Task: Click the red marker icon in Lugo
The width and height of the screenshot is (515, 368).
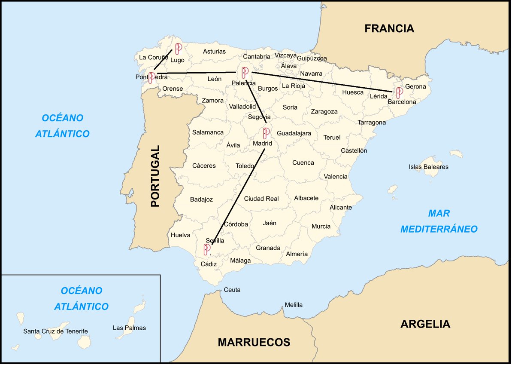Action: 179,49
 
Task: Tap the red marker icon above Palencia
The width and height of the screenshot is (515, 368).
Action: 245,73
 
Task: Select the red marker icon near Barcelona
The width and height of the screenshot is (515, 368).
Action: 399,92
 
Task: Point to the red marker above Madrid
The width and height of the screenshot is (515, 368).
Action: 267,133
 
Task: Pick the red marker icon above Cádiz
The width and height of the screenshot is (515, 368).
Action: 207,249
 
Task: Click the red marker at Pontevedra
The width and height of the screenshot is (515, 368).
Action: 151,77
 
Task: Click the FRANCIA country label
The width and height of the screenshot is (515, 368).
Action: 389,28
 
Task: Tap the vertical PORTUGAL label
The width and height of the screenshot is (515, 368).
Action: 155,176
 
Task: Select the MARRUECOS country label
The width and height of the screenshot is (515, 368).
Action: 254,342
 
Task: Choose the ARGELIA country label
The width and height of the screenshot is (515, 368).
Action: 425,324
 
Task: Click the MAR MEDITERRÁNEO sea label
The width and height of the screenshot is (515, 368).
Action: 439,221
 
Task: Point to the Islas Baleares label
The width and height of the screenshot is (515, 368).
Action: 428,167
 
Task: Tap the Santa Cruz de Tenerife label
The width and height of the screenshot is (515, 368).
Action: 55,331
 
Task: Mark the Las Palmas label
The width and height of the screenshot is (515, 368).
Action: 129,328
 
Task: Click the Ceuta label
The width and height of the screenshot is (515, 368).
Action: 232,290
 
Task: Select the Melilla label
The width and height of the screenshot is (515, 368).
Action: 294,305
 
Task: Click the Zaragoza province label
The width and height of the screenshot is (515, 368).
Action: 324,111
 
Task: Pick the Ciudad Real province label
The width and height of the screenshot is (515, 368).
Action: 261,199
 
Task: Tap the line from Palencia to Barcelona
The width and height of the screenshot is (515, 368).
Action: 322,82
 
